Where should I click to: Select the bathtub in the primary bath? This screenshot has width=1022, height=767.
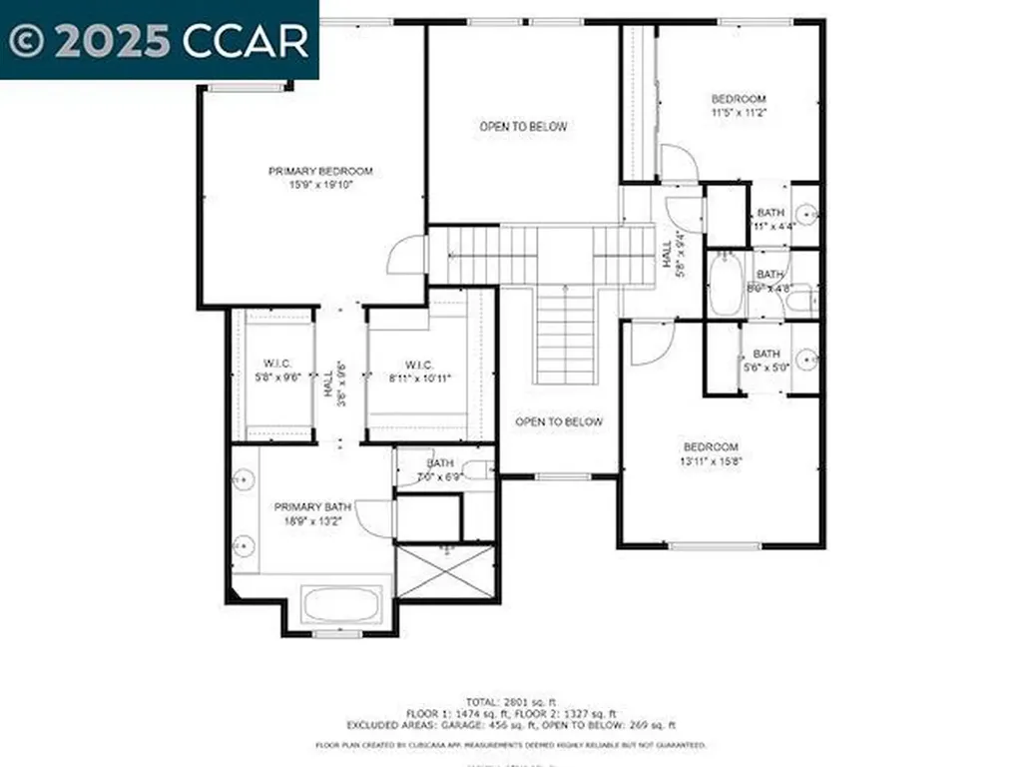pos(341,605)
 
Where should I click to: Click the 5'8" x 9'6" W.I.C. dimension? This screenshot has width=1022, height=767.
pos(275,379)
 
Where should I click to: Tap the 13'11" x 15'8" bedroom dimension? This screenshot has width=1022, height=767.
pos(711,460)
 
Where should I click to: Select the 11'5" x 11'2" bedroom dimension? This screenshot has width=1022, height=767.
pos(739,113)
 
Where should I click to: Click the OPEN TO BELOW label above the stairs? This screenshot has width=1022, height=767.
pos(523,127)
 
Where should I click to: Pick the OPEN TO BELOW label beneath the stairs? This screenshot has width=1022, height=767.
pos(559,421)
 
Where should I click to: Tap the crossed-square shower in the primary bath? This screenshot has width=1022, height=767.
pos(446,571)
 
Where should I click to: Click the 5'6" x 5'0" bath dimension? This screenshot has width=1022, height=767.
pos(766,368)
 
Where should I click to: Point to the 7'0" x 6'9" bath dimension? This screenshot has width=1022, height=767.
pos(441,477)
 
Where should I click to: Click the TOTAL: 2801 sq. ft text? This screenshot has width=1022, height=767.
pos(510,700)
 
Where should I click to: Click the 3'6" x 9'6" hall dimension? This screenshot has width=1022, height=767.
pos(341,381)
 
